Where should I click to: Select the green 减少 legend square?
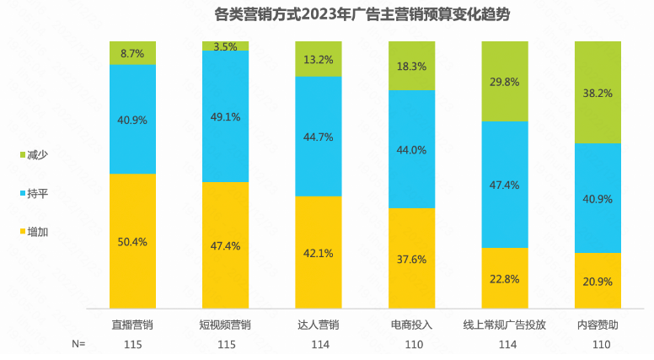[x=22, y=155]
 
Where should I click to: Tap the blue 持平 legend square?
[x=22, y=194]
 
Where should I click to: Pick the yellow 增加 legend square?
[x=22, y=232]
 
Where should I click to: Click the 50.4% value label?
[x=132, y=242]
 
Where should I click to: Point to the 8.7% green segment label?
[x=132, y=52]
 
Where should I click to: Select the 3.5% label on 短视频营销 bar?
[x=225, y=46]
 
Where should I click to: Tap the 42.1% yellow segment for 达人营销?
[x=319, y=253]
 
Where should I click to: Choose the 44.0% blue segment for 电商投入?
[x=411, y=149]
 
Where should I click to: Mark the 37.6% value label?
[x=411, y=259]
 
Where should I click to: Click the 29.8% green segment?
[x=504, y=82]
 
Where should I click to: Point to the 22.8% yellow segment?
[x=504, y=278]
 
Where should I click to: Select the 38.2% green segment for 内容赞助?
[x=598, y=93]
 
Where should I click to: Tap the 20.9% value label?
[x=598, y=281]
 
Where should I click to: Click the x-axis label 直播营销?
[x=132, y=324]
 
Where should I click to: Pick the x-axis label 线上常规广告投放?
[x=504, y=324]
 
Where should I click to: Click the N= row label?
[x=78, y=344]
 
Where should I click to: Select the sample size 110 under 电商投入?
[x=411, y=344]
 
